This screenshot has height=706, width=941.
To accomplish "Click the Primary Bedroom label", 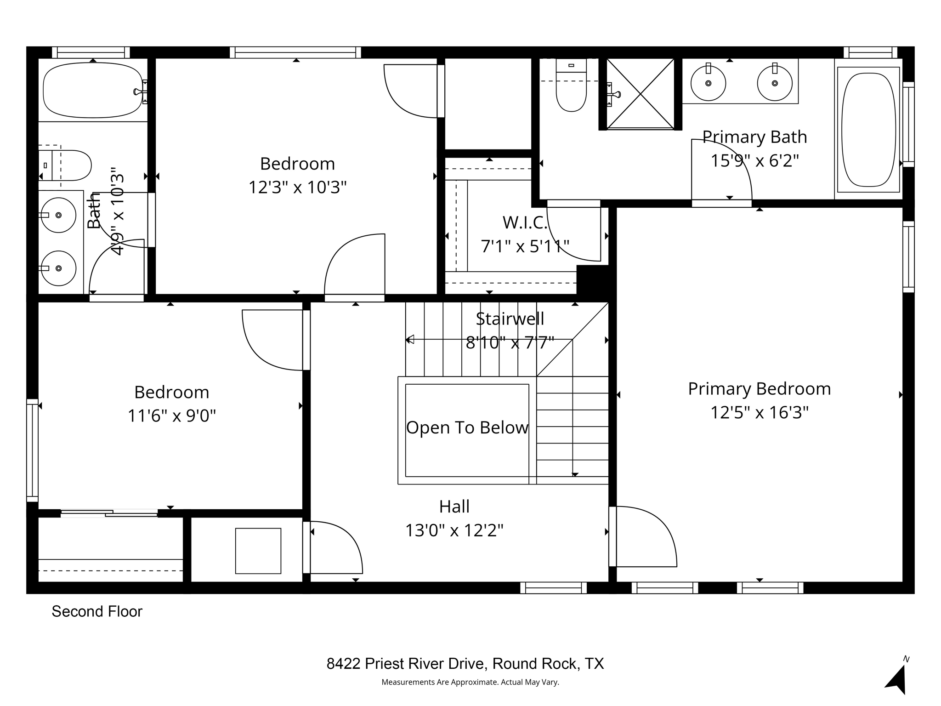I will (759, 389).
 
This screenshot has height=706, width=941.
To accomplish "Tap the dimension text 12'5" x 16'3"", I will (759, 413).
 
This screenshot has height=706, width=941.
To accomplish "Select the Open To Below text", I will (467, 428).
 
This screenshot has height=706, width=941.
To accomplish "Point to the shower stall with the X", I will (640, 94).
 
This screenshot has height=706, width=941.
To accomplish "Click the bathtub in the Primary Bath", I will (868, 130).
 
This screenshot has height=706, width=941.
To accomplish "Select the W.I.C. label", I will (525, 223).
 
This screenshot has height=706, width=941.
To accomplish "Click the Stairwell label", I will (510, 319).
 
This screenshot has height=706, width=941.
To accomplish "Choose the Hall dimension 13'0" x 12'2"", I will (454, 531).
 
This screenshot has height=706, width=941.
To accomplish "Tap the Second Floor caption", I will (97, 612).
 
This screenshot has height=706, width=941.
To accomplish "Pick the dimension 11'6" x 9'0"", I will (171, 416).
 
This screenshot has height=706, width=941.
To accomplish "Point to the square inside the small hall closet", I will (258, 551).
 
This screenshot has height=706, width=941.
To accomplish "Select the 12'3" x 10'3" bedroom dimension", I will (297, 188).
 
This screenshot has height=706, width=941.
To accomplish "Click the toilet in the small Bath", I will (69, 165).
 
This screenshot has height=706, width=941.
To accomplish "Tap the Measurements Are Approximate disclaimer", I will (470, 683).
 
